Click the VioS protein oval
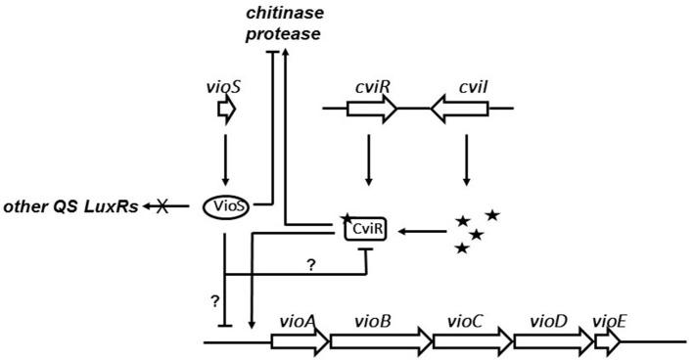click(225, 205)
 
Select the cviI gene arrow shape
click(459, 109)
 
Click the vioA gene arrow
click(299, 341)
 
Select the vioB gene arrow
click(381, 341)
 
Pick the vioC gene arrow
click(472, 341)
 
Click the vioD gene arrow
click(552, 341)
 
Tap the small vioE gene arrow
click(607, 341)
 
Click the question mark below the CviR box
click(310, 264)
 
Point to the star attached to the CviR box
click(346, 218)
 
